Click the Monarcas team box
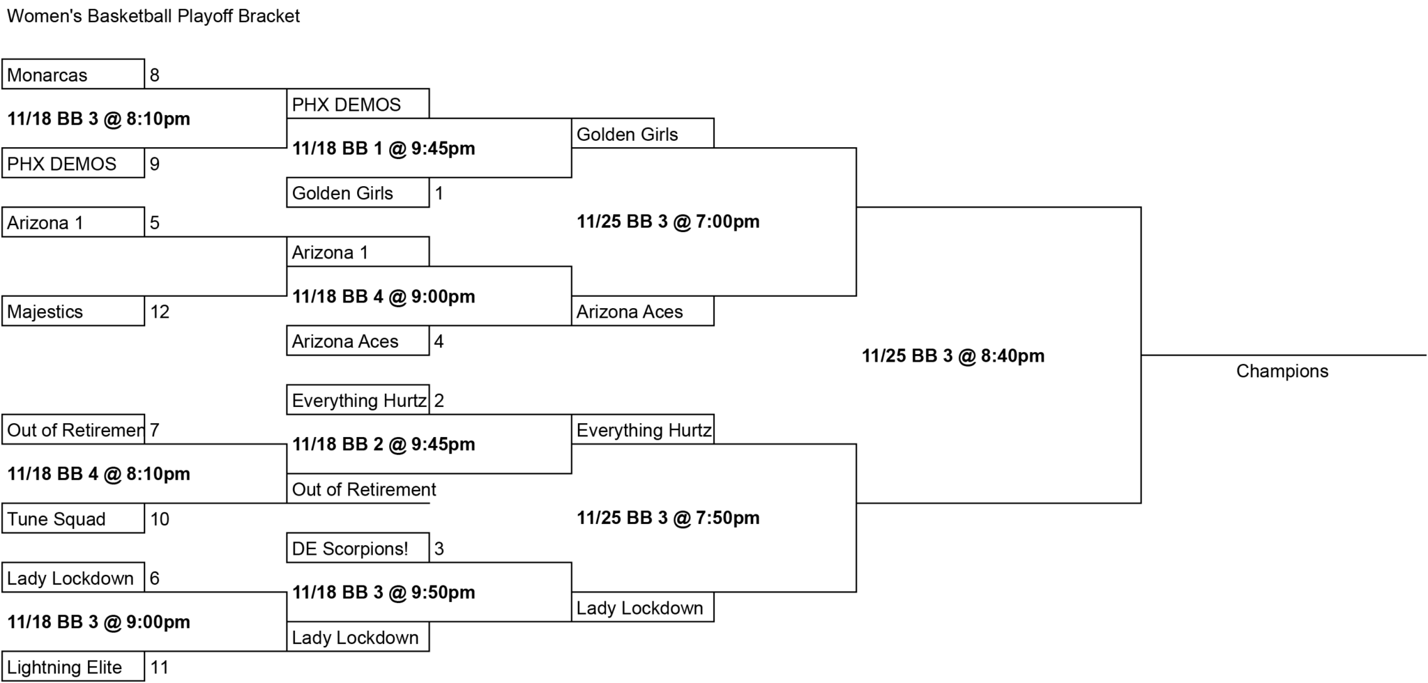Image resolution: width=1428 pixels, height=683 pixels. point(73,74)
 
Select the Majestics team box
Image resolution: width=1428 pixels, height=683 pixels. point(73,311)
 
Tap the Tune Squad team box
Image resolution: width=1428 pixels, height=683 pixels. point(73,519)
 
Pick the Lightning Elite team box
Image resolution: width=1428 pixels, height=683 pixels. point(73,666)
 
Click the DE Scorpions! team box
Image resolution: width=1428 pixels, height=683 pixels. point(358,548)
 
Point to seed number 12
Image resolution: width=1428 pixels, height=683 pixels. point(160,312)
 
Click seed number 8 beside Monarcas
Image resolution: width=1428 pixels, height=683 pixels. point(155,75)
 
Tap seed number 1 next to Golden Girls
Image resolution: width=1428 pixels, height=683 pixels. point(439,193)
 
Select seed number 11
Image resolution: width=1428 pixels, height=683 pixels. point(160,667)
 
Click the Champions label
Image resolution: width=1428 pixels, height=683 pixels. point(1282,371)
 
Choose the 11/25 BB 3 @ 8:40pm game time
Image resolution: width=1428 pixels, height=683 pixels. point(953,355)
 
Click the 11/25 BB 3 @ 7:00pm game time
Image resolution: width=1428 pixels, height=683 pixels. point(668,222)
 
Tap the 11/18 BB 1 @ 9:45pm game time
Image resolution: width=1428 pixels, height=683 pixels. point(383,148)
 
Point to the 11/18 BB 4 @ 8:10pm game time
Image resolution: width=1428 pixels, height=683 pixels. point(99,474)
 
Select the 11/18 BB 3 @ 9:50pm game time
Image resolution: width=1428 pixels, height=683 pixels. point(383,592)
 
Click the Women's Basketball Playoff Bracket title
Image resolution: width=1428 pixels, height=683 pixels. point(153,16)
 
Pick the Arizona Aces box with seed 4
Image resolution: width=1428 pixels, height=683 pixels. point(358,341)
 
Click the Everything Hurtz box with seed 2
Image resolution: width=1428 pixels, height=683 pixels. point(358,400)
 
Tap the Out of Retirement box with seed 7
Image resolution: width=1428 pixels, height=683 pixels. point(73,429)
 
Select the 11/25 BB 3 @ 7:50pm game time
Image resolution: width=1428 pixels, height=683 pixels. point(668,518)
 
